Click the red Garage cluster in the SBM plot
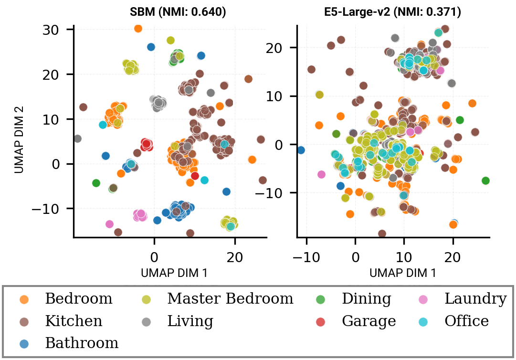point(147,144)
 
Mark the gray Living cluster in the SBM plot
point(158,103)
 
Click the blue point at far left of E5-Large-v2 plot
point(301,150)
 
